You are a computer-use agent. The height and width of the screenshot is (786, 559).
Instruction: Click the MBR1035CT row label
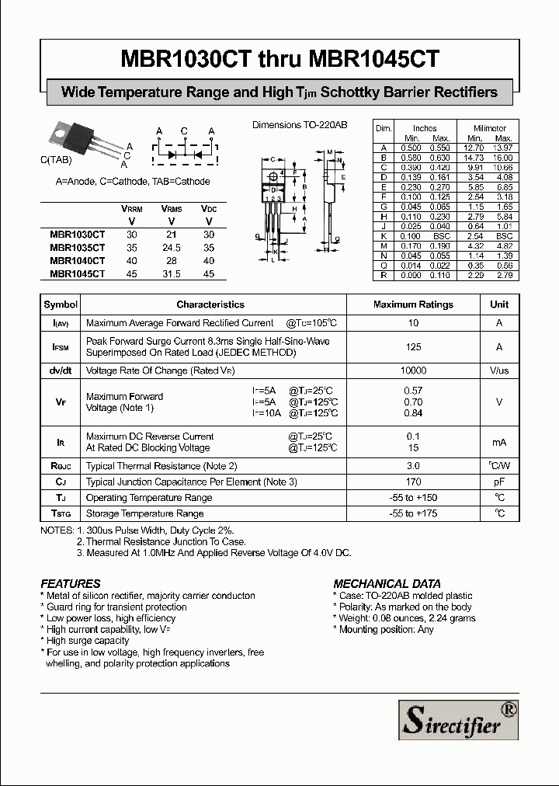[x=77, y=247]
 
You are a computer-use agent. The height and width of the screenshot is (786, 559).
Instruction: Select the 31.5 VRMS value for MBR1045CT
[x=171, y=273]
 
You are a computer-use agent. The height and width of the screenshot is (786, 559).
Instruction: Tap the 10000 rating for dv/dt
[x=413, y=371]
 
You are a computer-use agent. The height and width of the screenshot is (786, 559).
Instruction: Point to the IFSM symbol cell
[x=61, y=347]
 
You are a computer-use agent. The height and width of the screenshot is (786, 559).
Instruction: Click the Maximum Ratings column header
[x=413, y=304]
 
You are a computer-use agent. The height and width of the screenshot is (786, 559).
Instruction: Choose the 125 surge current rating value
[x=413, y=347]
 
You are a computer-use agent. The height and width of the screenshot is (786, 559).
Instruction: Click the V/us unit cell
[x=499, y=371]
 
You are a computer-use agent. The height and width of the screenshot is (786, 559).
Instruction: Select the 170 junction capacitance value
[x=413, y=482]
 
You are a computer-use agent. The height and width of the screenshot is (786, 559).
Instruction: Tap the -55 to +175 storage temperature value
[x=413, y=513]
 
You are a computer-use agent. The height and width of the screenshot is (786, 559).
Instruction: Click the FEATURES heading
[x=71, y=583]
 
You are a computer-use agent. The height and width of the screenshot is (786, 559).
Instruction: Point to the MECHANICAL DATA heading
[x=387, y=583]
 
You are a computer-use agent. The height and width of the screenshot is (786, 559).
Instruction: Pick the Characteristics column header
[x=210, y=304]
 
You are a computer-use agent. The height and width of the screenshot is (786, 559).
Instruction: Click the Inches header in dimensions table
[x=425, y=128]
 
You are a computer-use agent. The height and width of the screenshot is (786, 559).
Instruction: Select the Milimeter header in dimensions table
[x=490, y=128]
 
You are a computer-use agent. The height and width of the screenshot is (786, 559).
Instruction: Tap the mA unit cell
[x=499, y=442]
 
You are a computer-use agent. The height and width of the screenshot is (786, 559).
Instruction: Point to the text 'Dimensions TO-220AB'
[x=300, y=124]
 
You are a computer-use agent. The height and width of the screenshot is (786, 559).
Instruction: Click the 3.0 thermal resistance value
[x=413, y=466]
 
